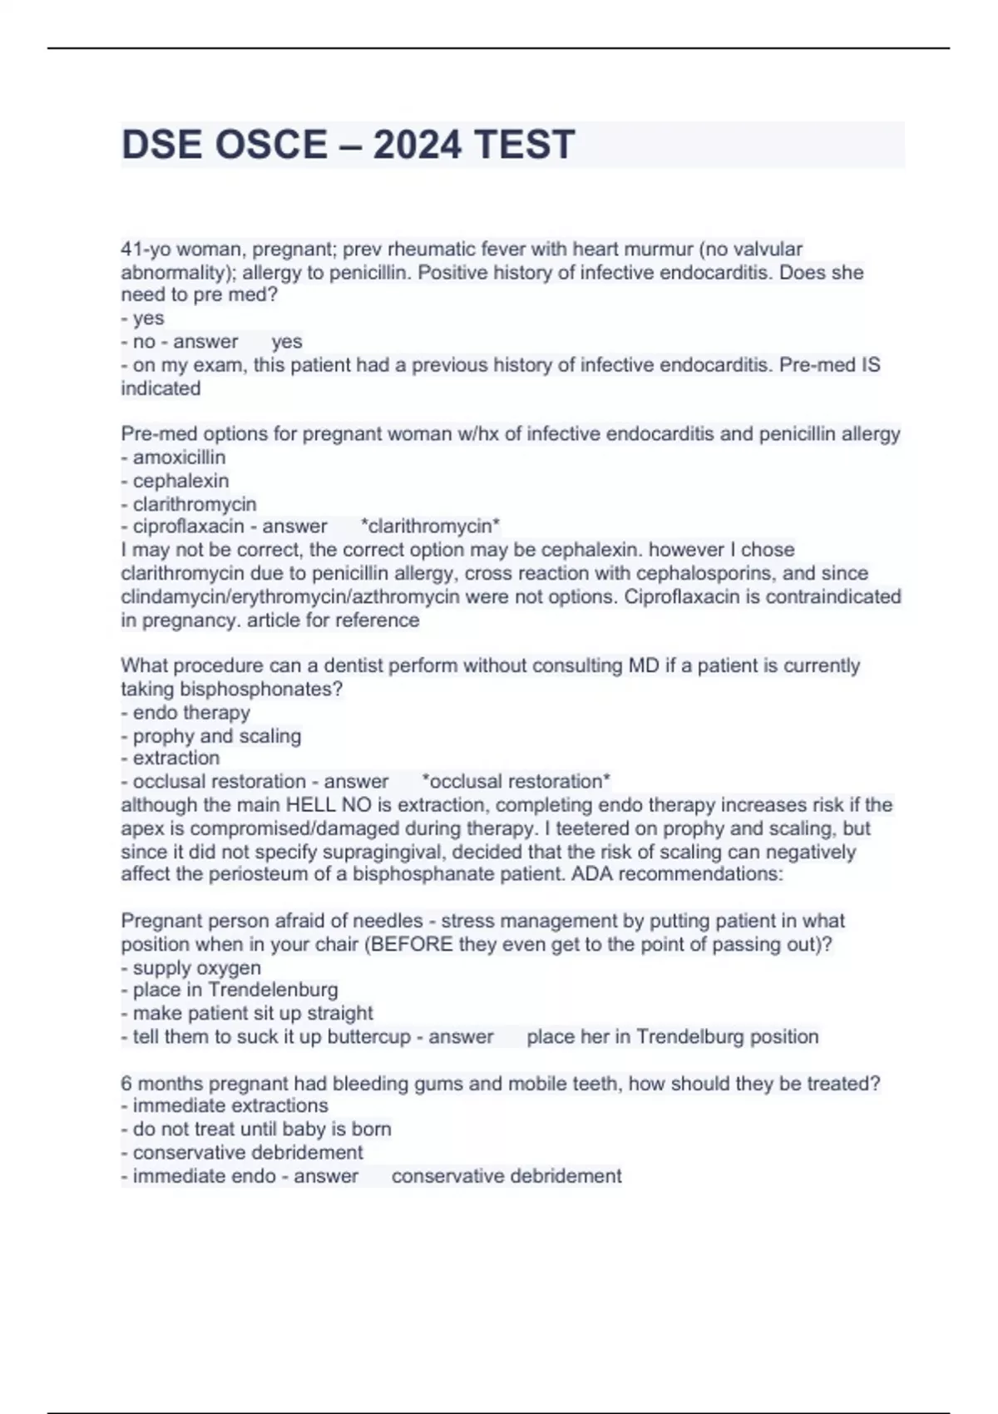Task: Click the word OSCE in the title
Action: click(271, 145)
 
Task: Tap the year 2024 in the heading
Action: click(417, 145)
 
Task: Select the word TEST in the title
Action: click(525, 145)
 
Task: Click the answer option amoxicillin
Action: click(179, 457)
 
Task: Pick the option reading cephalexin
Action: click(180, 481)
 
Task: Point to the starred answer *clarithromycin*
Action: click(431, 527)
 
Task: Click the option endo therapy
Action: click(191, 713)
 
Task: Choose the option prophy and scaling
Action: click(216, 736)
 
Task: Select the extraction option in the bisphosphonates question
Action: click(176, 759)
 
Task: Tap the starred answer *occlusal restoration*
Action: click(516, 782)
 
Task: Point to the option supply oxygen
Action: click(196, 968)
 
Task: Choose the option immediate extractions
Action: click(230, 1106)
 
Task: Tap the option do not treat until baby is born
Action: click(262, 1130)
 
